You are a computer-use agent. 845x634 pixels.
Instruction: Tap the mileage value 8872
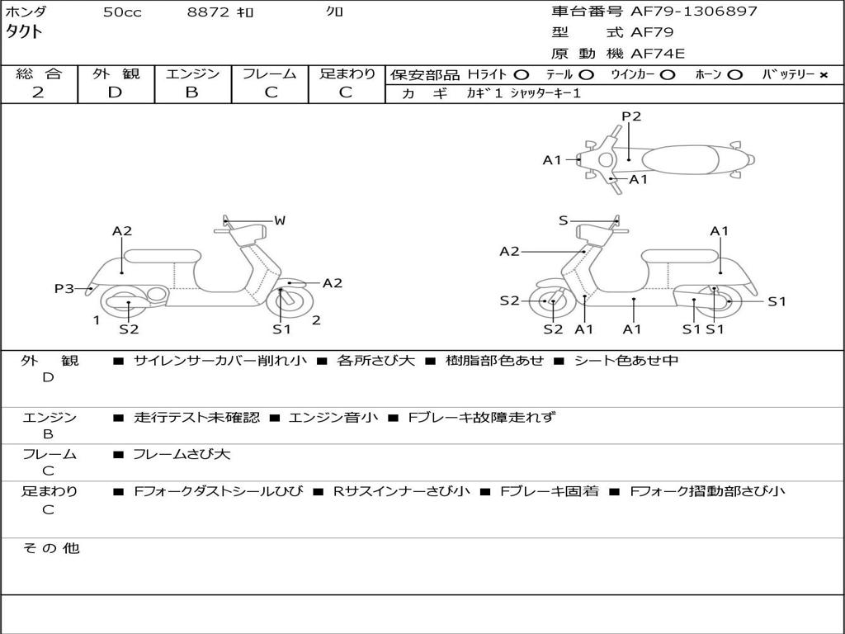click(x=205, y=12)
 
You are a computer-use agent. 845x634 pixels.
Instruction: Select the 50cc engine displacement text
click(x=121, y=12)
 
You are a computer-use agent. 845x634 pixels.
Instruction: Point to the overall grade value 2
click(x=38, y=92)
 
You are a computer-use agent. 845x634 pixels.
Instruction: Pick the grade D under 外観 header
click(x=115, y=92)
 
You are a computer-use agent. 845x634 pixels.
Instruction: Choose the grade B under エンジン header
click(x=191, y=92)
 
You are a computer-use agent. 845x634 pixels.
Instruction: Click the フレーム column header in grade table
click(x=270, y=74)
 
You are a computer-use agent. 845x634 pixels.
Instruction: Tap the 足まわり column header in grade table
click(x=347, y=74)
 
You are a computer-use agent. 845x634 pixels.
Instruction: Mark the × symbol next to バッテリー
click(x=823, y=75)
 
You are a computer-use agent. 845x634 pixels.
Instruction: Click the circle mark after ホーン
click(x=734, y=75)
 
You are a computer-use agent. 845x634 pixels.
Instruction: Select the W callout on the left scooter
click(x=280, y=220)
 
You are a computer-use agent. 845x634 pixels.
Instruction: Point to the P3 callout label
click(x=64, y=288)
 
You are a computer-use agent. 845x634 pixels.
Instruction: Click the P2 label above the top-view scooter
click(x=631, y=116)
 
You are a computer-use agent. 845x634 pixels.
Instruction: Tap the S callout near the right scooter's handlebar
click(x=563, y=220)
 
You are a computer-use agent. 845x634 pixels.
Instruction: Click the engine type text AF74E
click(x=658, y=54)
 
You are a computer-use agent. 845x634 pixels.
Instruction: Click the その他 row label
click(x=50, y=548)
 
